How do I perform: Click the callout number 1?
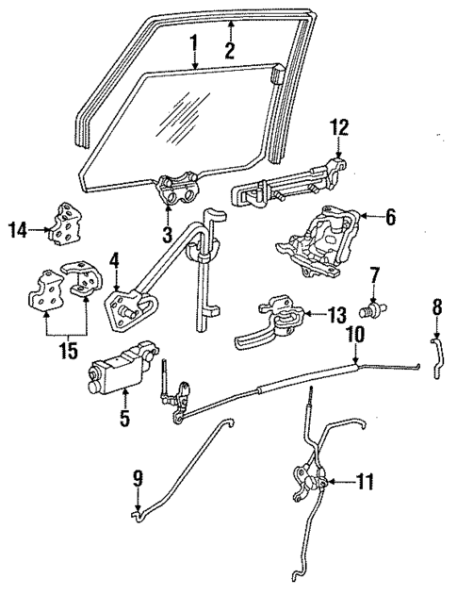tap(193, 43)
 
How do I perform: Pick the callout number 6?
tap(390, 216)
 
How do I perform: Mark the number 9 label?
tap(139, 478)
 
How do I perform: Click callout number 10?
tap(355, 334)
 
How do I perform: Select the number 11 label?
tap(364, 482)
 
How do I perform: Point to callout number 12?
tap(338, 126)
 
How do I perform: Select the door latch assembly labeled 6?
tap(319, 240)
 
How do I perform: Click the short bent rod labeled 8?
tap(437, 359)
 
